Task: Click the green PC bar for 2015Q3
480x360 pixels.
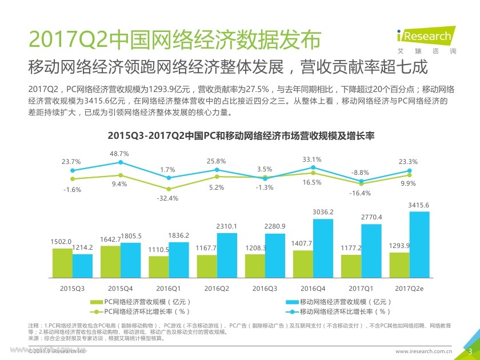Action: pyautogui.click(x=62, y=262)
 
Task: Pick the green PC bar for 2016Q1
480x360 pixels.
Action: pyautogui.click(x=159, y=266)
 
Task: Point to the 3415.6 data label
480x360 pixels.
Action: pyautogui.click(x=419, y=205)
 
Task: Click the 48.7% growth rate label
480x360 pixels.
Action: pyautogui.click(x=119, y=154)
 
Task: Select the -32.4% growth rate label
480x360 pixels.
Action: pyautogui.click(x=168, y=198)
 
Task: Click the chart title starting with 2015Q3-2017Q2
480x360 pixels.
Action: pyautogui.click(x=240, y=136)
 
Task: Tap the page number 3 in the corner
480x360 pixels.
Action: pyautogui.click(x=470, y=350)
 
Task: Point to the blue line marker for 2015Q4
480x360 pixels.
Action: pyautogui.click(x=120, y=162)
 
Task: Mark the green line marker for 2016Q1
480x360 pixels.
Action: pyautogui.click(x=168, y=189)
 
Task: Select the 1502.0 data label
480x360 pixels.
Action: pyautogui.click(x=62, y=242)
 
